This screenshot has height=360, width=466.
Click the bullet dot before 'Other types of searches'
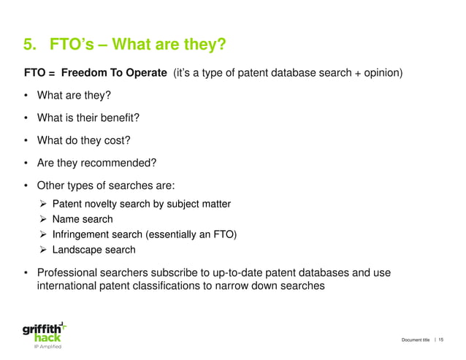pyautogui.click(x=27, y=185)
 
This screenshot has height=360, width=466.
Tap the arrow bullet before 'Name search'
pyautogui.click(x=43, y=219)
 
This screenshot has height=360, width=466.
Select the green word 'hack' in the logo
pyautogui.click(x=48, y=337)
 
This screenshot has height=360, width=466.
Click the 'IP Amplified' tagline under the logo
pyautogui.click(x=46, y=347)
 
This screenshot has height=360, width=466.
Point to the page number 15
pyautogui.click(x=441, y=340)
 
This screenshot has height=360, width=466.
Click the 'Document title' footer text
pyautogui.click(x=415, y=340)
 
